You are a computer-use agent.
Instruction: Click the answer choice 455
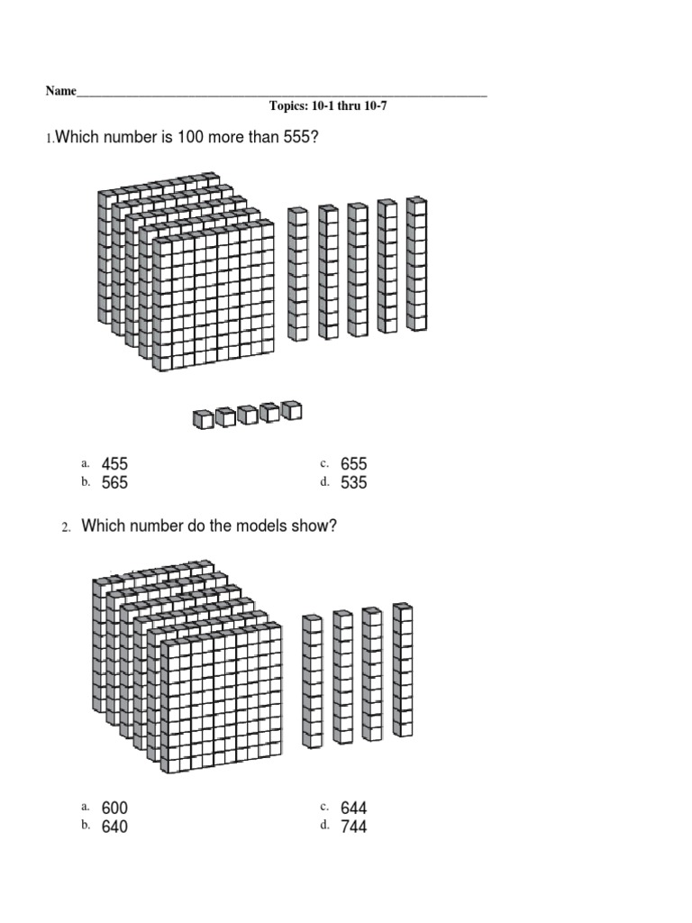click(114, 464)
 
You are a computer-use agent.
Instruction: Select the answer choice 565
click(114, 483)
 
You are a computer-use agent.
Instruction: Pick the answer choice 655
click(354, 464)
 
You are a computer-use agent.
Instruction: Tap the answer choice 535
click(354, 483)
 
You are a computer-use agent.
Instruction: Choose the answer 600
click(114, 809)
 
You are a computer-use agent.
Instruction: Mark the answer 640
click(114, 827)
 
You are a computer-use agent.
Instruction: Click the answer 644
click(354, 809)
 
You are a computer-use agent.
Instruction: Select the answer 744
click(354, 827)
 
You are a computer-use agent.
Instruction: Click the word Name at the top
click(60, 92)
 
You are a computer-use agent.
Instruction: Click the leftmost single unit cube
click(203, 419)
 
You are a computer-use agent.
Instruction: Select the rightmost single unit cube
click(291, 411)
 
